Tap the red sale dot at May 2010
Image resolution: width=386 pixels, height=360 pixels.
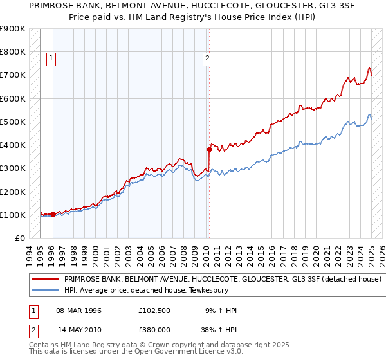[209, 149]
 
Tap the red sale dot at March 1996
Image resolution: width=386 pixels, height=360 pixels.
[52, 214]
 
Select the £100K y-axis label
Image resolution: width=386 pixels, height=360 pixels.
[13, 215]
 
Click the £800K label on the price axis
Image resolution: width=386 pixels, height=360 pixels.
[13, 51]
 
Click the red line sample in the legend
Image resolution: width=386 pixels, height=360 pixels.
[46, 280]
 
